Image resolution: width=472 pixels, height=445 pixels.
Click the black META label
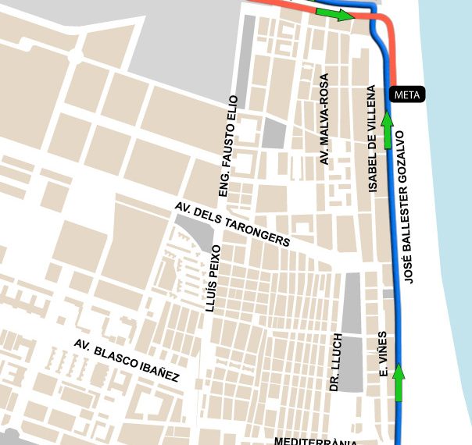[406, 95]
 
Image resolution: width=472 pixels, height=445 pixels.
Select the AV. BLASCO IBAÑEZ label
[126, 361]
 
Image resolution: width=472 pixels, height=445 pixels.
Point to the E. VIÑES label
[383, 355]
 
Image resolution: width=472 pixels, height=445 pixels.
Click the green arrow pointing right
[334, 14]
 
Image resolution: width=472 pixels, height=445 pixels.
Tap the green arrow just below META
[386, 130]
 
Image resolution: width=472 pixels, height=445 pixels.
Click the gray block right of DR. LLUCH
[353, 332]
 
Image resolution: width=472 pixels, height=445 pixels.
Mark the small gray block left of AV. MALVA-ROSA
[274, 133]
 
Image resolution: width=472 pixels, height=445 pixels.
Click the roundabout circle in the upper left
[76, 55]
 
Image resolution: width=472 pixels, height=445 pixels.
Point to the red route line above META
[393, 55]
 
